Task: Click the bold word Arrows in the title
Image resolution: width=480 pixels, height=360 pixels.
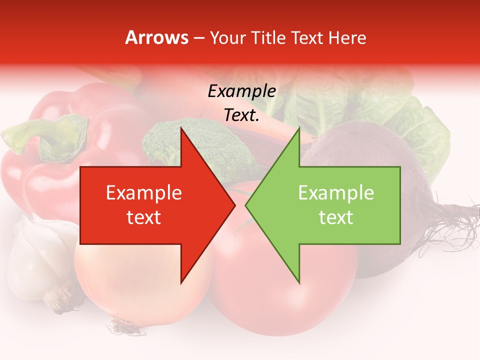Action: click(156, 37)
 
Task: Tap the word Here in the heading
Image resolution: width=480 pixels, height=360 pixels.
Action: click(347, 37)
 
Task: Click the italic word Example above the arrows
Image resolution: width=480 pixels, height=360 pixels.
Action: click(241, 92)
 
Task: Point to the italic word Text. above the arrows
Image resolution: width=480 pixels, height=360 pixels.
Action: click(241, 115)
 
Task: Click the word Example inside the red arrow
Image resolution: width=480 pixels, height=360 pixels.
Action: click(144, 193)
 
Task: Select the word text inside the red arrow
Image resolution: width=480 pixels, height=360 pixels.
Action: click(144, 217)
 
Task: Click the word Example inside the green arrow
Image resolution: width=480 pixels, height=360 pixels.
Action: click(336, 193)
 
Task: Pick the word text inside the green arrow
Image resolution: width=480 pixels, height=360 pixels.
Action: click(336, 217)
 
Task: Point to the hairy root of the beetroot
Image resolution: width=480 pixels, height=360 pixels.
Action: click(450, 225)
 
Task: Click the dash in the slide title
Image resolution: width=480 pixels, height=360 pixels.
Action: click(198, 38)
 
